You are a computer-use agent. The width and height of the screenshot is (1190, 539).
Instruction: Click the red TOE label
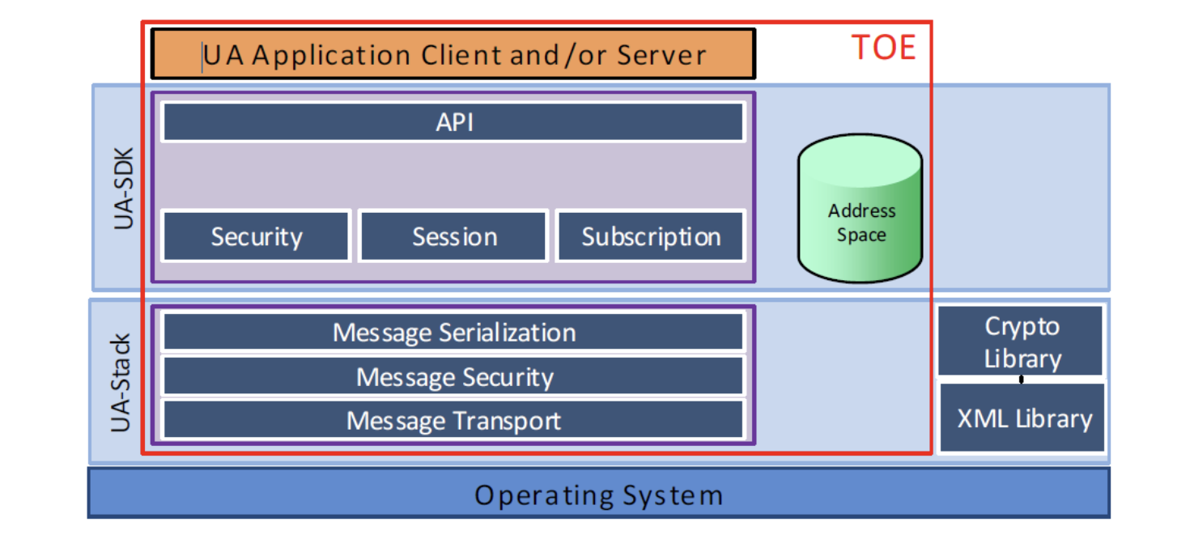883,47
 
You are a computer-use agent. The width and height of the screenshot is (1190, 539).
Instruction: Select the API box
453,121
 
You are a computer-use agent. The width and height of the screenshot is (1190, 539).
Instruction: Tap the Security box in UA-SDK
256,236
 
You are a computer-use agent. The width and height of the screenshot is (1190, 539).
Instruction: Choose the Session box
453,236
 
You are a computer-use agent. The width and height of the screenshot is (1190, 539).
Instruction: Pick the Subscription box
651,236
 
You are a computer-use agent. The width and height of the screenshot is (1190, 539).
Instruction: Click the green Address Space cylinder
860,208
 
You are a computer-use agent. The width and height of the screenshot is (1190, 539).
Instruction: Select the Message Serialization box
453,332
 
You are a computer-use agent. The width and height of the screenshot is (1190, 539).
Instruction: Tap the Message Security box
453,376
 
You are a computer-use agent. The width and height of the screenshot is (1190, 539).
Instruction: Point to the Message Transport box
453,419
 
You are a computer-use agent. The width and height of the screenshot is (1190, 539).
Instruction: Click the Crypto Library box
1021,341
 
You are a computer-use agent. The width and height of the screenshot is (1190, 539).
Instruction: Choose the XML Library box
1022,418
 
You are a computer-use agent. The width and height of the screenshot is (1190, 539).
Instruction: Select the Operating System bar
599,494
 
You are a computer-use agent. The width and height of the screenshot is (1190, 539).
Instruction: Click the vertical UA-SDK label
123,188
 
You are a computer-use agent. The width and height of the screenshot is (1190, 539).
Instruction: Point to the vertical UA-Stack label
120,382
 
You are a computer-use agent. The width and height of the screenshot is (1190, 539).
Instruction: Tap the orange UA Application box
453,53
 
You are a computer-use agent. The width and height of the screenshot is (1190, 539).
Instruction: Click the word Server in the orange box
661,55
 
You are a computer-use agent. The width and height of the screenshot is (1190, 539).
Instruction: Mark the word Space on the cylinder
861,235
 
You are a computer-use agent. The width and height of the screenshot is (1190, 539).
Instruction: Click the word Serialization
508,333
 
